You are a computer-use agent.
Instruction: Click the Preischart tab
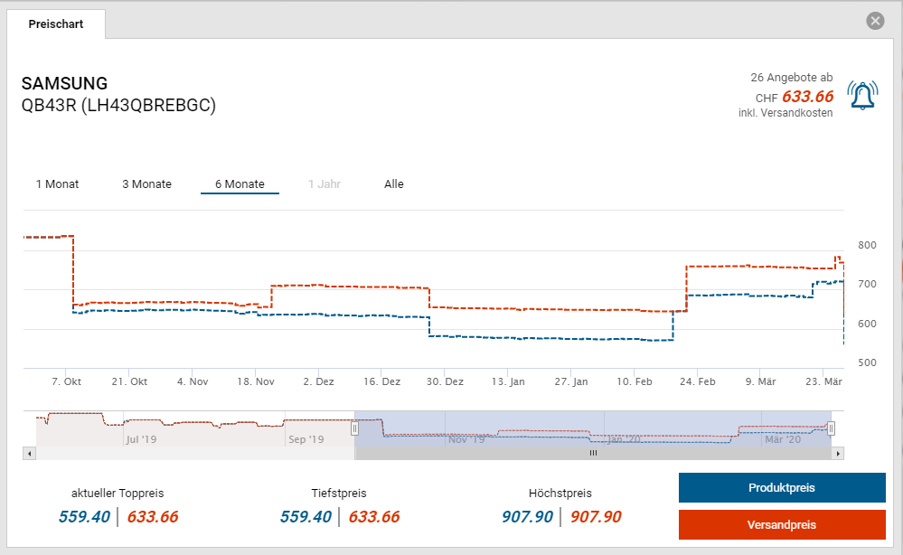point(56,24)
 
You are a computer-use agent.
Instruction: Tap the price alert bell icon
point(862,95)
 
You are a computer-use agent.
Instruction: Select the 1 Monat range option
point(57,184)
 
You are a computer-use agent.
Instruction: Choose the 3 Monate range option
point(146,184)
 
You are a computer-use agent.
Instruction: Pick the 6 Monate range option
point(240,184)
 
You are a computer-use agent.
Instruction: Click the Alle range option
point(394,184)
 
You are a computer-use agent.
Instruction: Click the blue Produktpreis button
point(782,488)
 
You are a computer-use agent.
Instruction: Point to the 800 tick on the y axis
point(867,246)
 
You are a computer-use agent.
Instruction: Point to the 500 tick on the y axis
point(867,363)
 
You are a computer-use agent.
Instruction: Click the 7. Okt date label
point(66,382)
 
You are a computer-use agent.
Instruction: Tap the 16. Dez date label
point(381,382)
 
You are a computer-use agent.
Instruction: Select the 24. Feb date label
point(697,382)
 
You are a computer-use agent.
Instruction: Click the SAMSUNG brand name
point(64,84)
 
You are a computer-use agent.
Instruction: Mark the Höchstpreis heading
point(560,494)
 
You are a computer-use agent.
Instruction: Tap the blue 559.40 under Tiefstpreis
point(306,517)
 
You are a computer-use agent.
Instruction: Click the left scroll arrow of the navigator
point(29,453)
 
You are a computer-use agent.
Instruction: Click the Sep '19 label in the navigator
point(306,440)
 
